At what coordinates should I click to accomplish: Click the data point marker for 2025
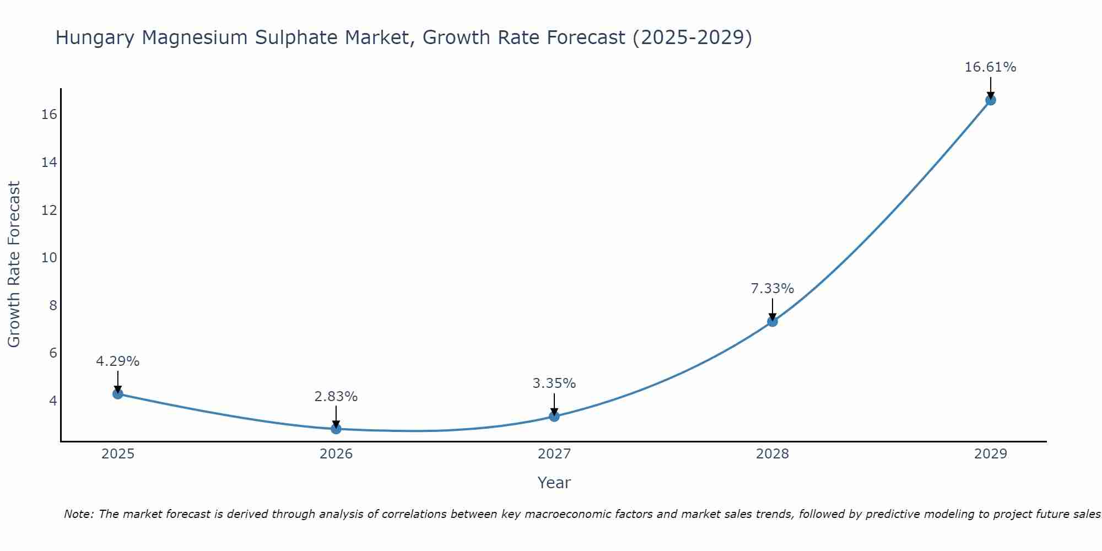(x=117, y=393)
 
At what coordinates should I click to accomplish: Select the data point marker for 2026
(x=336, y=429)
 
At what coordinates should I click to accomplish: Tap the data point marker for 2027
(x=554, y=416)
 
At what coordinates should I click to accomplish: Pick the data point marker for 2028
(x=773, y=321)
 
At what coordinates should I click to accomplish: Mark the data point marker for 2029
(x=991, y=100)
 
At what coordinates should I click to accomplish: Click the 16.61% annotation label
(x=990, y=67)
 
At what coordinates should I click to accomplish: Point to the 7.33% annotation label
(x=773, y=288)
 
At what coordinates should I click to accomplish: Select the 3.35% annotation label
(x=554, y=383)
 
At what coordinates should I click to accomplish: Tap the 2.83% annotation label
(x=336, y=396)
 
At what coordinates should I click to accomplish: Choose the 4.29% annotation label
(x=117, y=361)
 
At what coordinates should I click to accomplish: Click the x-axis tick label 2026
(x=336, y=454)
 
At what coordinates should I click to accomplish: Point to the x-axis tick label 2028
(x=773, y=454)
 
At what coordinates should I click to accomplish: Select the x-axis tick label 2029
(x=991, y=454)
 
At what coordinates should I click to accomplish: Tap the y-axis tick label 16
(x=49, y=115)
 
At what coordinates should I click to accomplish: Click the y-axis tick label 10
(x=49, y=258)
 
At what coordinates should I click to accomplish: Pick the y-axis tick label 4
(x=53, y=401)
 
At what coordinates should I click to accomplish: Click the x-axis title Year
(x=554, y=483)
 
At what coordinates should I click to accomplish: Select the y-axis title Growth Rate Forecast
(x=14, y=264)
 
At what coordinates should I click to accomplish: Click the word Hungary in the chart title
(x=95, y=38)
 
